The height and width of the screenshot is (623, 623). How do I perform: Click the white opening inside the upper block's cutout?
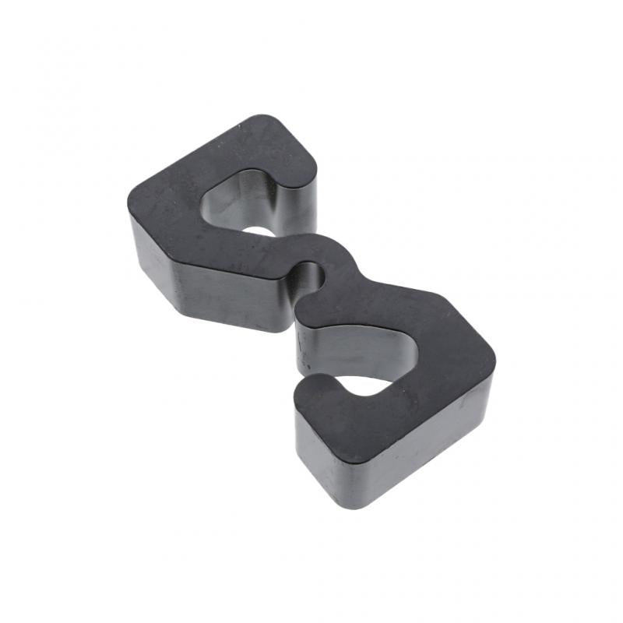pos(261,231)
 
